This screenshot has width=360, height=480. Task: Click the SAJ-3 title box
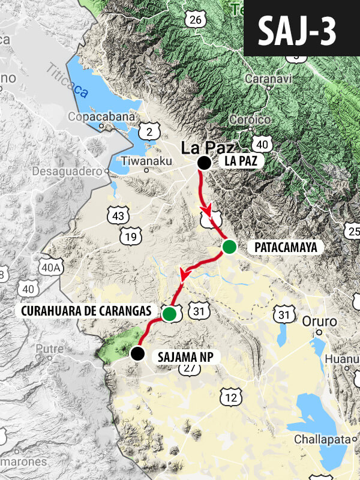point(301,29)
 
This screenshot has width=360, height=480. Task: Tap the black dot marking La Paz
point(204,163)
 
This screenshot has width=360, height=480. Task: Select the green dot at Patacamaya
point(229,247)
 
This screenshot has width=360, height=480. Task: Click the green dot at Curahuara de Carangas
point(170,313)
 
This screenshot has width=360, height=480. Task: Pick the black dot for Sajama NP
point(138,353)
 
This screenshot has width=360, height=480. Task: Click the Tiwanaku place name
point(146,161)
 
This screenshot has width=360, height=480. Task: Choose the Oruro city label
point(320,320)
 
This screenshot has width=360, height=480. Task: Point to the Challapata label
point(322,440)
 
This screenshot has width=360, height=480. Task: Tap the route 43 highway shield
point(118,215)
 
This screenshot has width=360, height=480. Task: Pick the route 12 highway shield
point(231,397)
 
